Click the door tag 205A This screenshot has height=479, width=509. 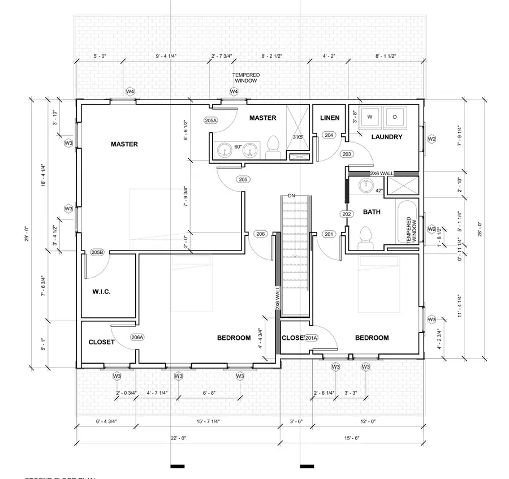pyautogui.click(x=211, y=120)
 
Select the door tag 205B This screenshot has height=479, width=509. pyautogui.click(x=97, y=252)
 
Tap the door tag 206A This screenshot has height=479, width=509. pyautogui.click(x=137, y=338)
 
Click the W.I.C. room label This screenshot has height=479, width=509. pyautogui.click(x=101, y=292)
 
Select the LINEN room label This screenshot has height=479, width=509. pyautogui.click(x=330, y=118)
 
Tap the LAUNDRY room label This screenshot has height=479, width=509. pyautogui.click(x=387, y=137)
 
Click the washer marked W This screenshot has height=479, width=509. pyautogui.click(x=370, y=117)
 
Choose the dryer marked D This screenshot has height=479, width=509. pyautogui.click(x=395, y=117)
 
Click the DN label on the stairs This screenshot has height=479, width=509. pyautogui.click(x=291, y=196)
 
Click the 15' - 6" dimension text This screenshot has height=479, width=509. pyautogui.click(x=351, y=438)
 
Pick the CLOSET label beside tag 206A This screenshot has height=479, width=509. pyautogui.click(x=102, y=342)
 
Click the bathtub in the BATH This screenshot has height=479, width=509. pyautogui.click(x=407, y=222)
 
